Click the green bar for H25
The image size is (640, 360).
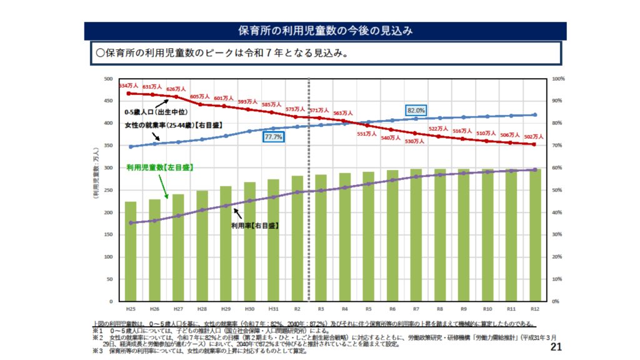[131, 251]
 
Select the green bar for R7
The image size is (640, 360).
[416, 235]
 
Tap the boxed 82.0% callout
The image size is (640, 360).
[416, 110]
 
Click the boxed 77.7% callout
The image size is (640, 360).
[273, 136]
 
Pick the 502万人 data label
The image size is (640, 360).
[534, 137]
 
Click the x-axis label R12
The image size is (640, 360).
[534, 309]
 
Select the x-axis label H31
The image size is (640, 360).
[273, 309]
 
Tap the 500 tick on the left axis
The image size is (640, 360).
[107, 79]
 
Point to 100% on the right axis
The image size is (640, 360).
[559, 79]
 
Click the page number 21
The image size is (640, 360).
[557, 347]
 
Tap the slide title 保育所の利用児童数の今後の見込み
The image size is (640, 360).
[325, 31]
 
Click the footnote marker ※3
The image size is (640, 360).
[97, 351]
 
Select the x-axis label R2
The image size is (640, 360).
[297, 309]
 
